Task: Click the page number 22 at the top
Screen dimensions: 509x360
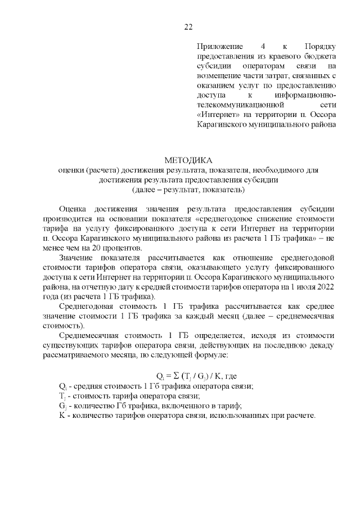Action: pyautogui.click(x=188, y=27)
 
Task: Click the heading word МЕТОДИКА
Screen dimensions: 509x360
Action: pyautogui.click(x=188, y=161)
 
